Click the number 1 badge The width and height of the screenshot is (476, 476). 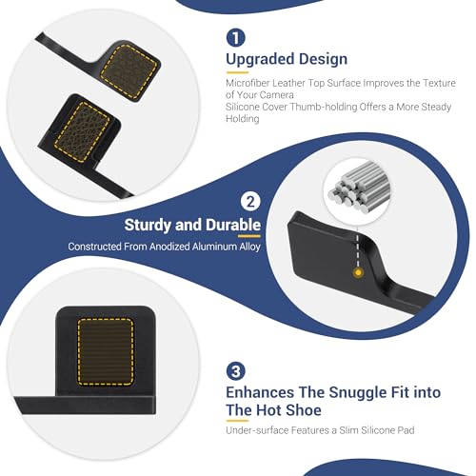click(235, 37)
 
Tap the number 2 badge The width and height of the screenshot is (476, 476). click(250, 201)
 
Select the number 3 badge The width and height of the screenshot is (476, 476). click(235, 370)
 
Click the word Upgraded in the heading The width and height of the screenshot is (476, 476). click(260, 60)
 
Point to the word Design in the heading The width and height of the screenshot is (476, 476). click(323, 59)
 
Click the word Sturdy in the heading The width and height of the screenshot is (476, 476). click(148, 225)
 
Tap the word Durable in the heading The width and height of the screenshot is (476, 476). click(233, 225)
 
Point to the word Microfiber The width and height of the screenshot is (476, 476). click(248, 83)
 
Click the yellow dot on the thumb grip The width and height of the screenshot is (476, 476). click(358, 272)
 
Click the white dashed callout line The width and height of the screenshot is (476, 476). click(358, 250)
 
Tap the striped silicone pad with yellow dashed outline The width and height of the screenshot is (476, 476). click(106, 352)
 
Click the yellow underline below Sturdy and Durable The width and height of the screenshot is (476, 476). click(249, 236)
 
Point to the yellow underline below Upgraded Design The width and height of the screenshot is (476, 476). click(237, 72)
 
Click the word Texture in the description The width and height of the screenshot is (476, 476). click(439, 83)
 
